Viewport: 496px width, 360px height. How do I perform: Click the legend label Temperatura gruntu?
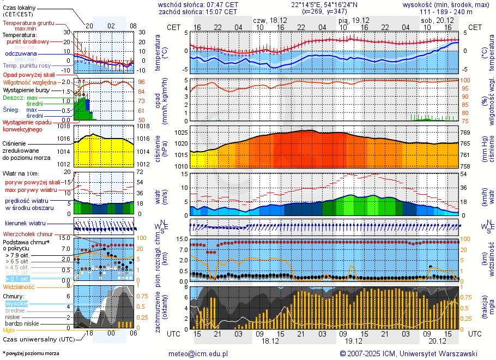tap(27, 23)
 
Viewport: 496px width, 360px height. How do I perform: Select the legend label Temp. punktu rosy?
tap(27, 65)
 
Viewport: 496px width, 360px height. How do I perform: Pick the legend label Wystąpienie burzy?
tap(26, 89)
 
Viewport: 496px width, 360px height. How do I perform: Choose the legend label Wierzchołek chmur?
tap(27, 234)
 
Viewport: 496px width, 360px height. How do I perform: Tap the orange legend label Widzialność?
tap(19, 286)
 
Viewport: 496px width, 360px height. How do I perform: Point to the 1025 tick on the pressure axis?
tap(182, 133)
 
